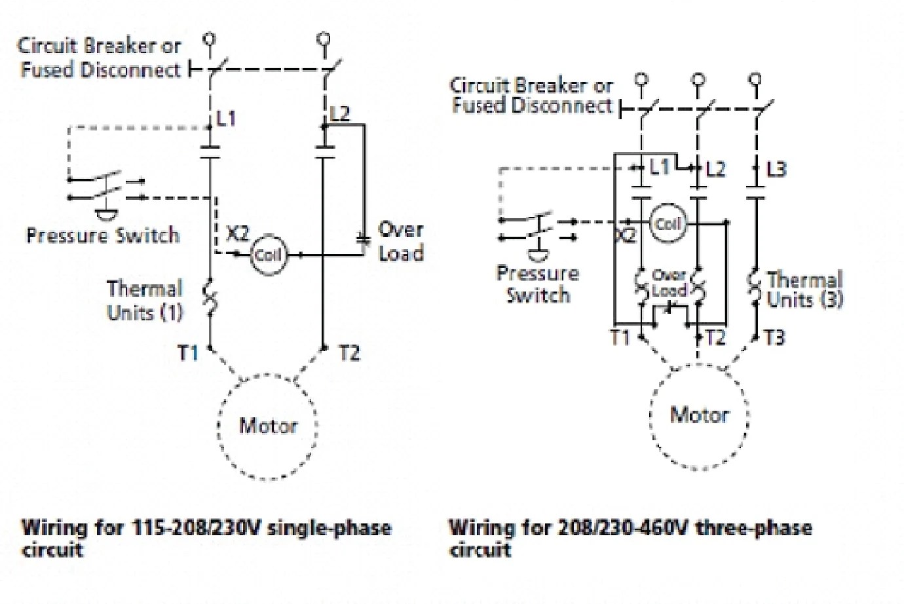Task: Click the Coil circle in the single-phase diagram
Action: [x=268, y=255]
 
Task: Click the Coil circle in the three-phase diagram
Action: [x=668, y=224]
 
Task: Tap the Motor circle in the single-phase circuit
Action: [x=268, y=426]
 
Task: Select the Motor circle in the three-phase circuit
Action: [x=699, y=415]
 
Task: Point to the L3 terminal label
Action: [x=776, y=169]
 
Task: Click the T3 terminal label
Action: [x=774, y=337]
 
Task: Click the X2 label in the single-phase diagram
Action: [x=237, y=234]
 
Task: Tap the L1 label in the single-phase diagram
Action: [x=226, y=119]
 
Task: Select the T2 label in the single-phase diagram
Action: [x=349, y=353]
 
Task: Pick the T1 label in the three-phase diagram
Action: [x=620, y=337]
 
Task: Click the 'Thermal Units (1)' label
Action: [x=145, y=300]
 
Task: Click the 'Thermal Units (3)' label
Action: [x=804, y=290]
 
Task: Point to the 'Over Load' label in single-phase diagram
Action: [x=400, y=241]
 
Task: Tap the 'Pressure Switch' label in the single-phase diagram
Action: [x=103, y=235]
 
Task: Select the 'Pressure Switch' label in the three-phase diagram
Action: [x=538, y=284]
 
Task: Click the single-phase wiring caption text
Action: [x=206, y=537]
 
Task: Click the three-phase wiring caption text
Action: [x=630, y=537]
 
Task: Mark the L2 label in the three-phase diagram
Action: [x=715, y=169]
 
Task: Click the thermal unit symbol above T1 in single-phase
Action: [x=210, y=298]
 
